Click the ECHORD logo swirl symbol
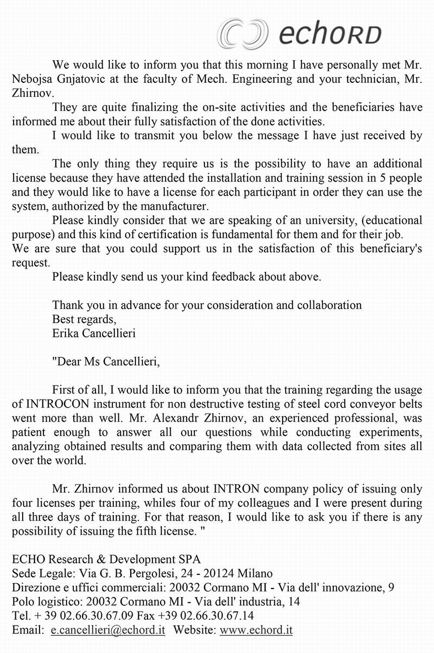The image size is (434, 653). (242, 34)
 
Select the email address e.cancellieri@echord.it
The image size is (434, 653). (108, 630)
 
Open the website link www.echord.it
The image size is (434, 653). (256, 630)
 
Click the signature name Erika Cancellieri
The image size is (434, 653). (94, 333)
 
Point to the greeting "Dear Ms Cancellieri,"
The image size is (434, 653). (106, 361)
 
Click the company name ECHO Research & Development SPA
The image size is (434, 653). (106, 559)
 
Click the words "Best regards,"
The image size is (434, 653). (84, 319)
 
